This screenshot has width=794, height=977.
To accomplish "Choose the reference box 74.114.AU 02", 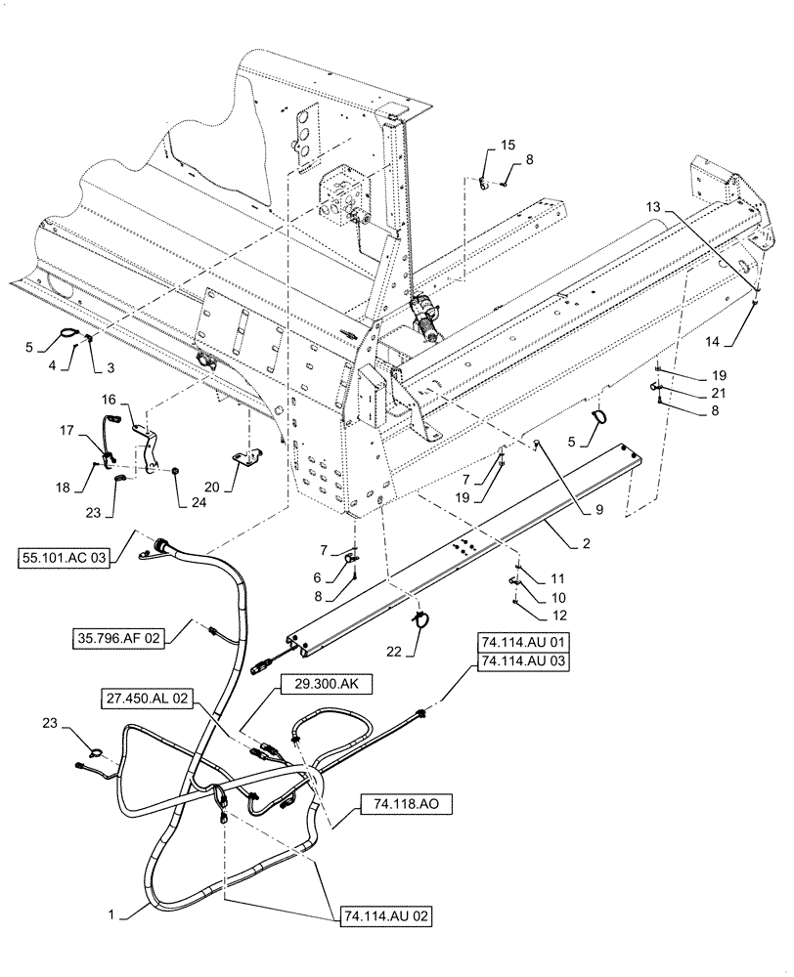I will tap(385, 917).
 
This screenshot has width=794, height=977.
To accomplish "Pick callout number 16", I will tap(109, 400).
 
